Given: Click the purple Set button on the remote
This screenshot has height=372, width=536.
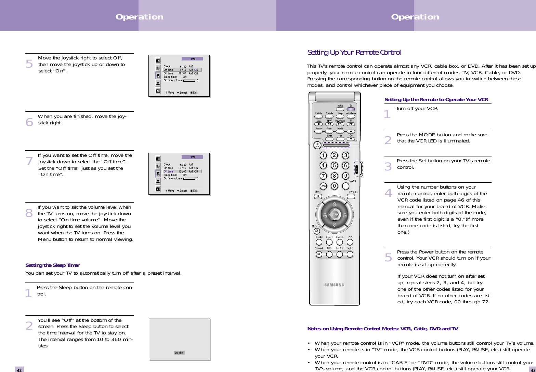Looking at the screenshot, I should (351, 109).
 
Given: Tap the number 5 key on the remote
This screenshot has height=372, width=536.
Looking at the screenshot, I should (334, 166).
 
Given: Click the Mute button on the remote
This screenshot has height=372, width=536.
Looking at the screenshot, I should (318, 231).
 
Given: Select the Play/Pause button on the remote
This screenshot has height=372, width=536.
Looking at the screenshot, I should (340, 124).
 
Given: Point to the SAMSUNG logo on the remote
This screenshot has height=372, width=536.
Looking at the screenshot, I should (334, 285).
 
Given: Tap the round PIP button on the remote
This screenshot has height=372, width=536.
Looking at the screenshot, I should (350, 242).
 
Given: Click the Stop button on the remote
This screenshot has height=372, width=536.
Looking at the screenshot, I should (318, 124).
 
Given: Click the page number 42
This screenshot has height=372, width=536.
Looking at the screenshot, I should (19, 370).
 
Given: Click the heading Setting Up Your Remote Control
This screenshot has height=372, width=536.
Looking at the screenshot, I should (354, 52).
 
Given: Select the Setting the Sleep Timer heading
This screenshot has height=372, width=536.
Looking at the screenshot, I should (52, 265).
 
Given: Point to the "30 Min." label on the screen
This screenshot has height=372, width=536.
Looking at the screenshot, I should (179, 353).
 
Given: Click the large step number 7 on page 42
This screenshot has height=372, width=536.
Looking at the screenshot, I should (29, 161).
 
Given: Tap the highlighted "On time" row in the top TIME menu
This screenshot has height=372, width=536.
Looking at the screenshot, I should (182, 70).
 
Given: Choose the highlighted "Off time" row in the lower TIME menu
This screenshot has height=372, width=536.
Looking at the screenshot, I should (182, 171).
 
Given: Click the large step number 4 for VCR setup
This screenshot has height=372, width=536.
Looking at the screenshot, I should (388, 193).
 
